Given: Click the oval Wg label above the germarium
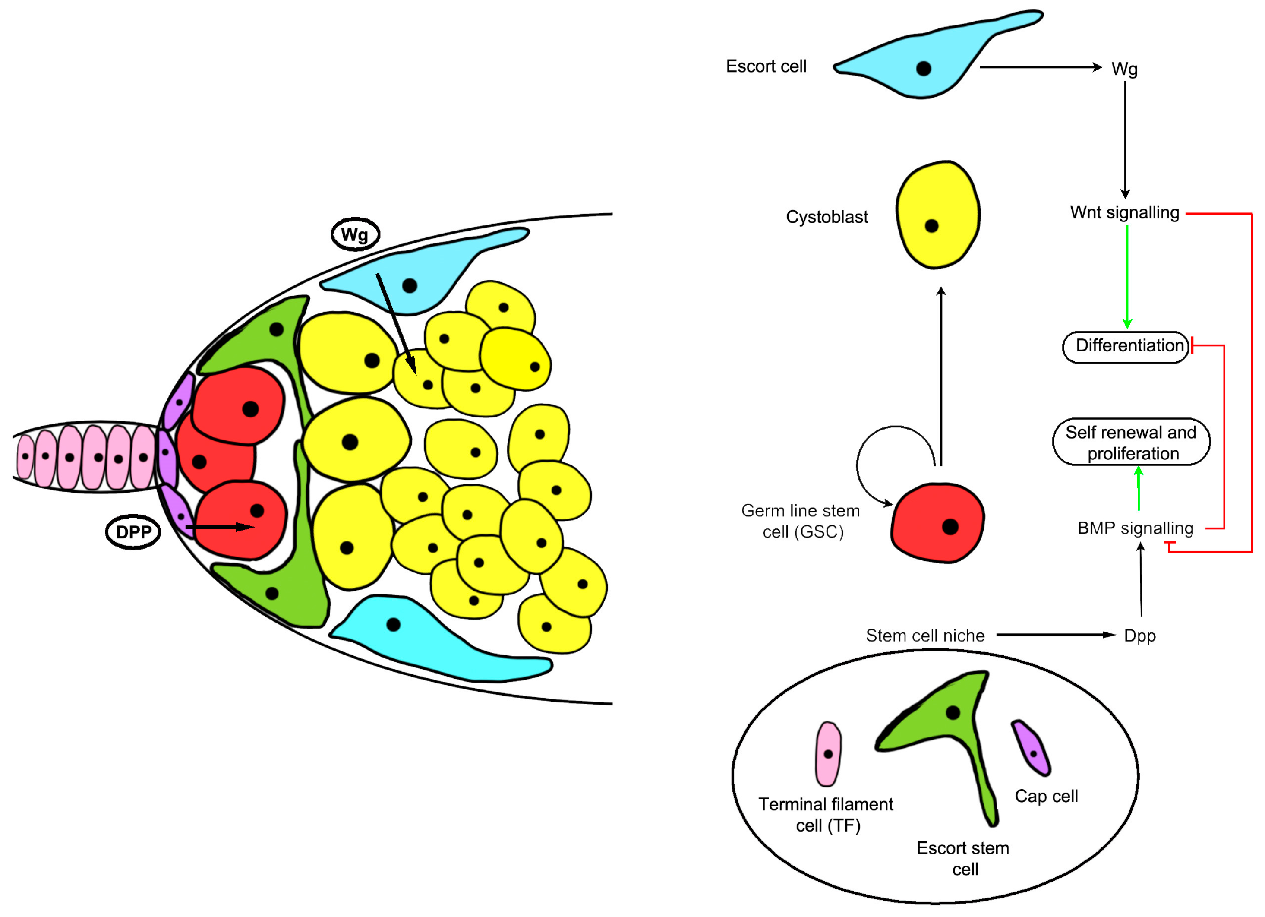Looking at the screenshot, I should (x=355, y=234).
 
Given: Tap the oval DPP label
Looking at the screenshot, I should (x=133, y=531).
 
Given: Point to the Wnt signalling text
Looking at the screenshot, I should (x=1124, y=212).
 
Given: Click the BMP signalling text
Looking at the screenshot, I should (x=1135, y=528).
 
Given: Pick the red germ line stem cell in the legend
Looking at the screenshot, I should (x=937, y=523).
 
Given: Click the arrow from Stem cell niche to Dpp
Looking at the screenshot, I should (x=1054, y=635).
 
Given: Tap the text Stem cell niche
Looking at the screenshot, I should (x=925, y=636).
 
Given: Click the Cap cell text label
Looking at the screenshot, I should (x=1046, y=796).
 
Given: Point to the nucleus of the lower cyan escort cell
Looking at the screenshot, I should (x=393, y=624).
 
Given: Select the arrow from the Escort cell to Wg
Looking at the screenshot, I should (x=1040, y=67).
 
